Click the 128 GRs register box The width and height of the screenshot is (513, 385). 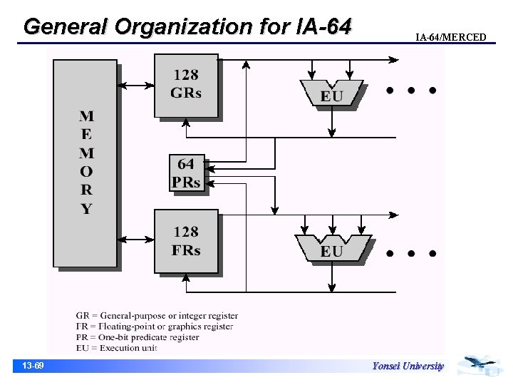(x=185, y=85)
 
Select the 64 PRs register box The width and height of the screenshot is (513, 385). (x=186, y=173)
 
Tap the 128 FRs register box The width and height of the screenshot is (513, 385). (x=185, y=241)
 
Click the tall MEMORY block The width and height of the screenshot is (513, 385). (x=85, y=163)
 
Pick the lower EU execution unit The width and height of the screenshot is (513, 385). (x=331, y=250)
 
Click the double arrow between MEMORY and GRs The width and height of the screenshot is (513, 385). (x=135, y=86)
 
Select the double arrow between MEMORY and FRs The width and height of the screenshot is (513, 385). (x=135, y=240)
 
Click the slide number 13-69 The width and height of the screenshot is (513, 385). (x=33, y=366)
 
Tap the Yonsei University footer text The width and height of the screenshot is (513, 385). (x=408, y=366)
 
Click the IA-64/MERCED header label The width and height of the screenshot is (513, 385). (x=450, y=37)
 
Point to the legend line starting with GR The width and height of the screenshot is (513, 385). (x=157, y=315)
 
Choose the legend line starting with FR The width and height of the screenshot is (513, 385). (x=155, y=327)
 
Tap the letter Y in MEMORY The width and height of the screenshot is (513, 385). (x=85, y=209)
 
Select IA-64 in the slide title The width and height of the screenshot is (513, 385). (x=322, y=26)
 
